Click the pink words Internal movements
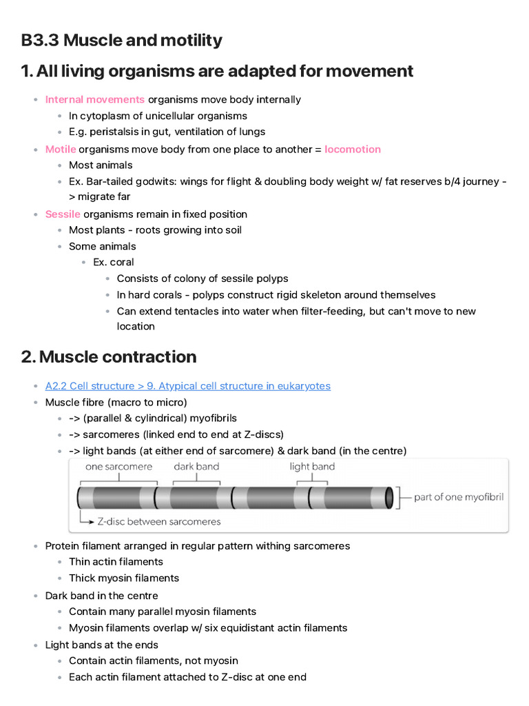95,99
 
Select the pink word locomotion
353,149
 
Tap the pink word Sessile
63,214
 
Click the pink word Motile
61,149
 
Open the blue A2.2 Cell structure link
187,385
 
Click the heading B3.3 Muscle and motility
121,40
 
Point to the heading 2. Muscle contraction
109,356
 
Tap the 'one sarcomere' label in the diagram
119,467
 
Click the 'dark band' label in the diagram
196,467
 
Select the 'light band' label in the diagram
312,467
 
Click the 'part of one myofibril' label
458,496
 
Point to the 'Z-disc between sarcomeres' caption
159,521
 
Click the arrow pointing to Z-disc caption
85,518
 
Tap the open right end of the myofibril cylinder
390,497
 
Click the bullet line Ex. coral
114,262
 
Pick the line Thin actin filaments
116,561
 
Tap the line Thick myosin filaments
124,578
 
